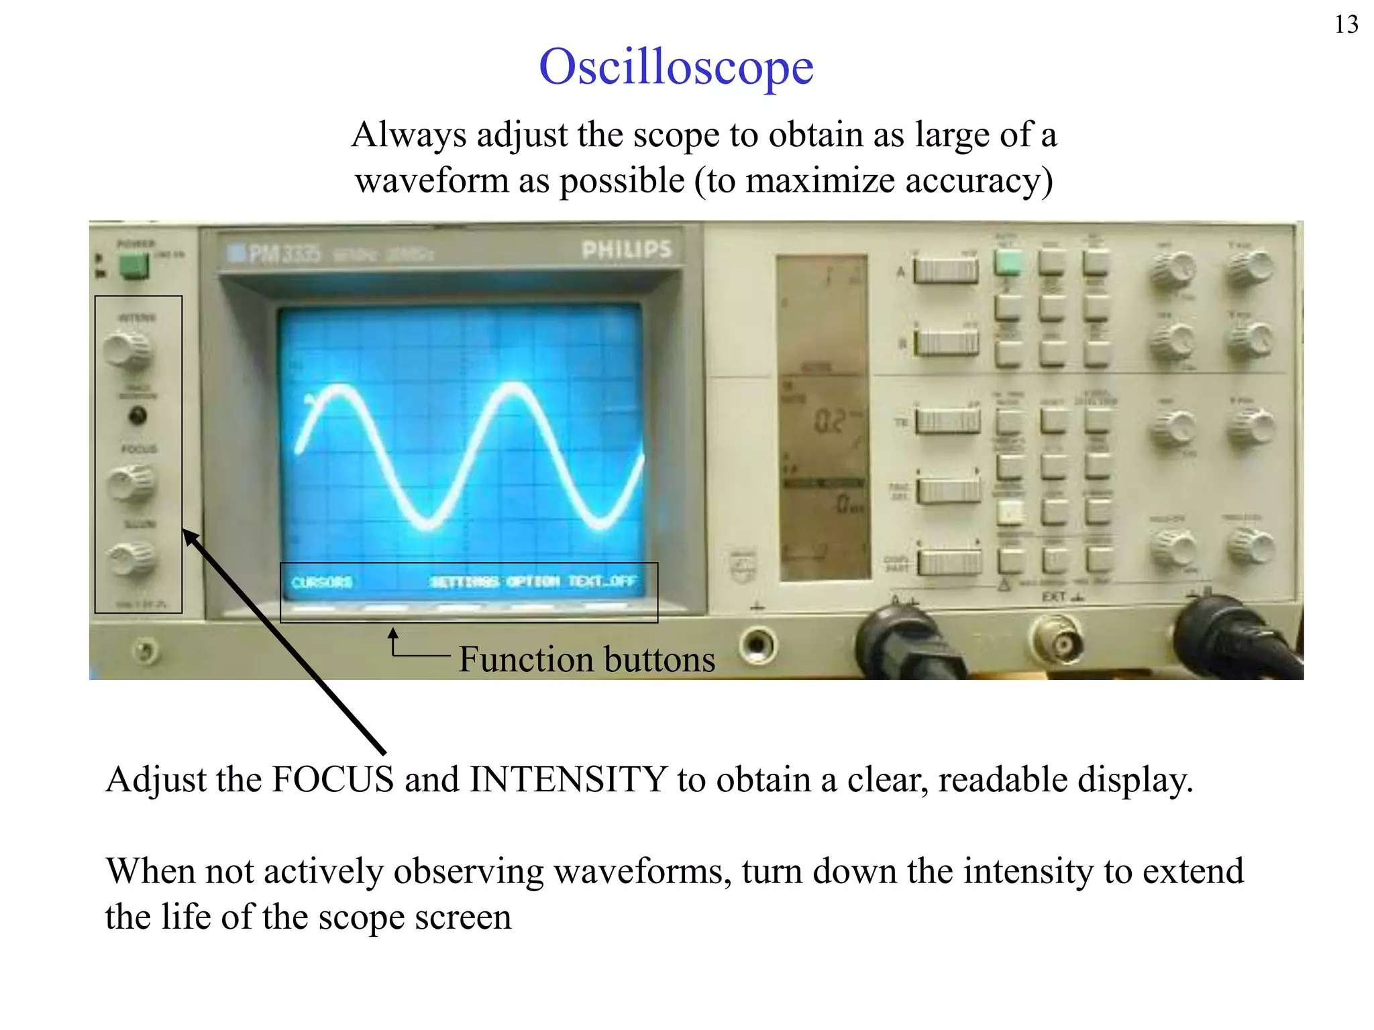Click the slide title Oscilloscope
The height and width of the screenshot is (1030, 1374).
pos(676,67)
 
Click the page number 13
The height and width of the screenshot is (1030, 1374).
pos(1346,25)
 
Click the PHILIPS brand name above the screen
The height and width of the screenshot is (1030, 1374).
pos(626,250)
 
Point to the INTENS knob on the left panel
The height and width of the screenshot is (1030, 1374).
pos(127,350)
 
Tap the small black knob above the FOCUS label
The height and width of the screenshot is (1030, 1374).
pos(137,416)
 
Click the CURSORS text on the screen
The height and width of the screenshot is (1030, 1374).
pos(321,582)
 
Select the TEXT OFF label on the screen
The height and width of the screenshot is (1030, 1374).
pos(602,581)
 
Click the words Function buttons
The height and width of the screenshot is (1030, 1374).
pos(586,659)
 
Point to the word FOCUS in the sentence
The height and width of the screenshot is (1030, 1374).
pos(332,780)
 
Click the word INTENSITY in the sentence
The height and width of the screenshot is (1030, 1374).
pos(568,780)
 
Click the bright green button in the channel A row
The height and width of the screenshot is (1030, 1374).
pos(1008,262)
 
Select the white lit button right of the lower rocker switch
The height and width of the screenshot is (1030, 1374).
pos(1010,512)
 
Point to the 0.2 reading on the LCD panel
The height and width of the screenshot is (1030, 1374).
pos(830,421)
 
